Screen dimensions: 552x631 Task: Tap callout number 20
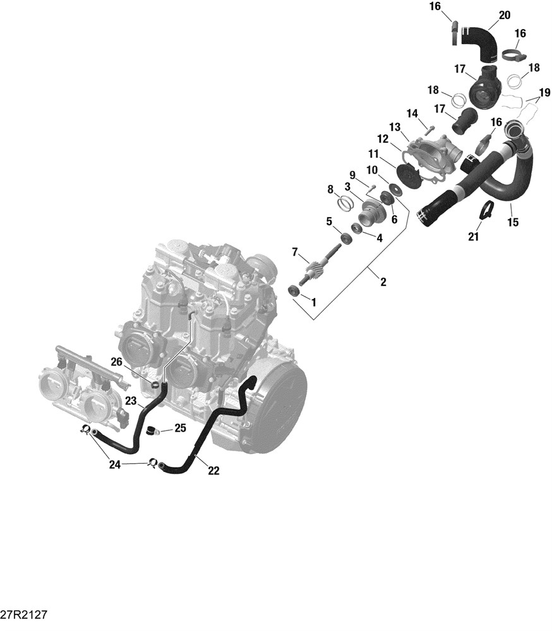505,15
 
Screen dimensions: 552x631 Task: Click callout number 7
295,252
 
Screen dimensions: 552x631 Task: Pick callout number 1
313,302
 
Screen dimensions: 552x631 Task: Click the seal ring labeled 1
294,290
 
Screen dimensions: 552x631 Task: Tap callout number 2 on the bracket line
383,282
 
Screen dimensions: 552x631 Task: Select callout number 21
474,237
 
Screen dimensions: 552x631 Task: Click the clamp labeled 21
485,209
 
